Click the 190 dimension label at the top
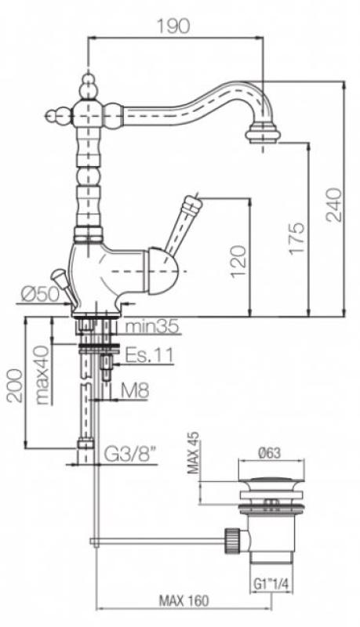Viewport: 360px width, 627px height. pos(172,27)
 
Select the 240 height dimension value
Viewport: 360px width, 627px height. pos(333,205)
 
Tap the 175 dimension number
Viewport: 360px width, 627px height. pos(297,238)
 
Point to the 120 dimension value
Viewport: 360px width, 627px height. pos(238,261)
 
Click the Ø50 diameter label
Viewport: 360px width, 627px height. pos(40,295)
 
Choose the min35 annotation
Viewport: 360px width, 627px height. pos(151,327)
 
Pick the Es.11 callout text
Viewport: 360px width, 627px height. pos(150,355)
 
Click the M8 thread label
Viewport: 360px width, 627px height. pos(135,390)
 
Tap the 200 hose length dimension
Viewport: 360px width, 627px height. pos(15,386)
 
